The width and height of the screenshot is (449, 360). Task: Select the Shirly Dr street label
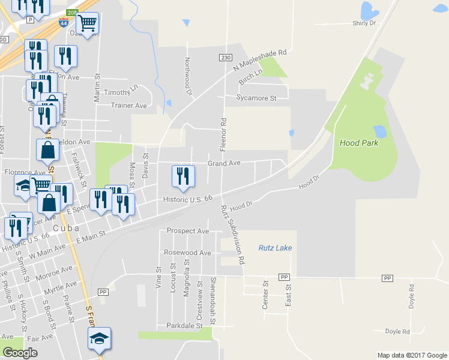(x=363, y=23)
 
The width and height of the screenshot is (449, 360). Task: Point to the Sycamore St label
(x=256, y=97)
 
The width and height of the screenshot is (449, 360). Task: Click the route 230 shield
(x=225, y=57)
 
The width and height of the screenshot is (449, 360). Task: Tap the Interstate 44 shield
(x=64, y=22)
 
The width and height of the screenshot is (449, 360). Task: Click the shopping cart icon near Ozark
(x=88, y=23)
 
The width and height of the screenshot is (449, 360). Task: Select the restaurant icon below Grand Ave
(x=183, y=175)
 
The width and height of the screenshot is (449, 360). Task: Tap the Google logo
(x=20, y=353)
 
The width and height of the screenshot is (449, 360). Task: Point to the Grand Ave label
(x=224, y=163)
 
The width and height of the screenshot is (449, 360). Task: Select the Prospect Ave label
(x=188, y=231)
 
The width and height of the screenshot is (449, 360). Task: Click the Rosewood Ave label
(x=191, y=253)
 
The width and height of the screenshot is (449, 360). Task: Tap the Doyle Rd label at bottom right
(x=397, y=331)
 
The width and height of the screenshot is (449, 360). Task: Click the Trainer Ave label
(x=129, y=105)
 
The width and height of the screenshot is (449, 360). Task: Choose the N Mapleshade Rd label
(x=261, y=61)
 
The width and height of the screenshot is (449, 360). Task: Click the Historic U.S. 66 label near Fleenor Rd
(x=188, y=199)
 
